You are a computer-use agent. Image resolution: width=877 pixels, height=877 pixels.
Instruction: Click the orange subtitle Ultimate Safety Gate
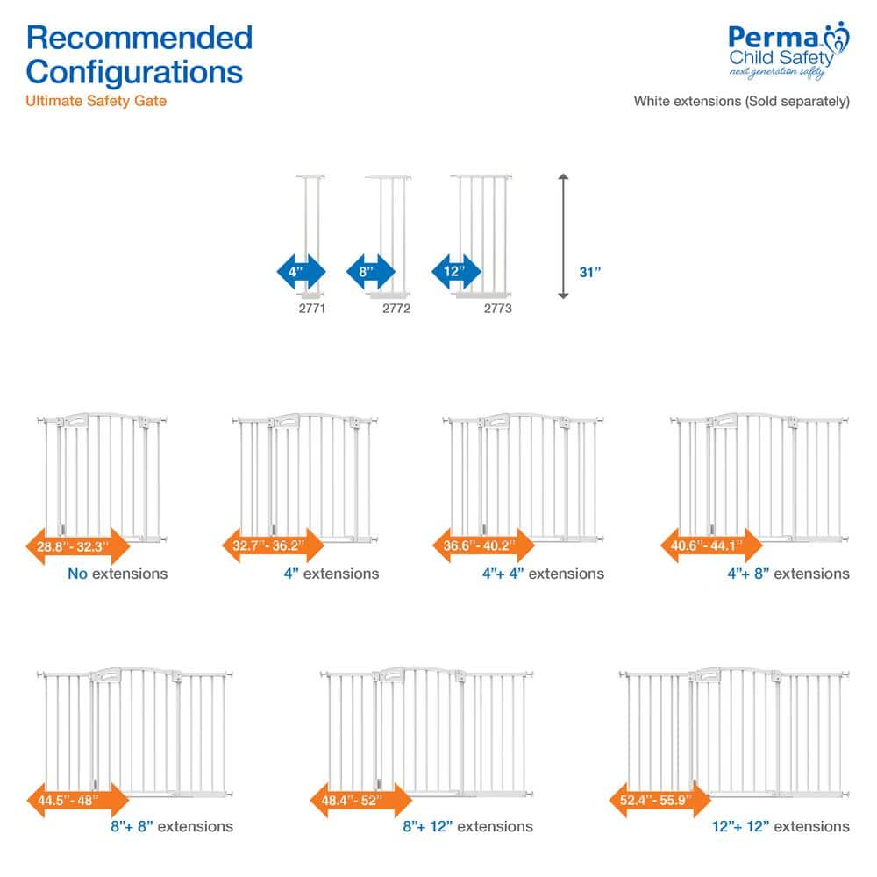[x=96, y=101]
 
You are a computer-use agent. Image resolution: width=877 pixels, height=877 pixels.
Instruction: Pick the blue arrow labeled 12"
[x=457, y=271]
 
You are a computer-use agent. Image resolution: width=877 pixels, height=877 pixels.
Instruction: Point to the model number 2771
[x=311, y=309]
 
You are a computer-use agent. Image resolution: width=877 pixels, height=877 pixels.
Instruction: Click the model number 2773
[x=497, y=309]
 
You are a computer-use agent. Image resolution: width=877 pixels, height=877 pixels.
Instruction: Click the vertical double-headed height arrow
[x=564, y=237]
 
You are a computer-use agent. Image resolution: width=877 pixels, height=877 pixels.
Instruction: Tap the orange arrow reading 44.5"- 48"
[x=78, y=799]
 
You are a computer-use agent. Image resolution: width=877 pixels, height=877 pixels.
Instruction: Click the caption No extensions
[x=117, y=574]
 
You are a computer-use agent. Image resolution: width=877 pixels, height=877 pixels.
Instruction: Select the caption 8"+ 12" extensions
[x=466, y=826]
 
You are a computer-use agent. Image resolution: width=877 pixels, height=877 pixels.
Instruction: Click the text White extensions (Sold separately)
[x=742, y=101]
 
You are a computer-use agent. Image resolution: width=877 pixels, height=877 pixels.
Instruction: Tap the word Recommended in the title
[x=139, y=38]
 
